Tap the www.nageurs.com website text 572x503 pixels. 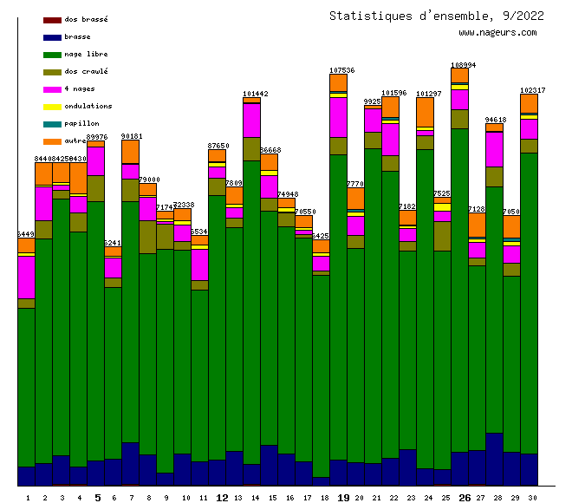(x=497, y=33)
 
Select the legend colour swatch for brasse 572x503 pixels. (x=52, y=37)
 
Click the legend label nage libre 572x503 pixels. (x=86, y=55)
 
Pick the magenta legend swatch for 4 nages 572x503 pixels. (x=52, y=89)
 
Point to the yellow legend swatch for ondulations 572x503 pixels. (x=52, y=107)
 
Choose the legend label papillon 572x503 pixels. (x=81, y=124)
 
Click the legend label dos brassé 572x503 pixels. (x=86, y=19)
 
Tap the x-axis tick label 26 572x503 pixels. (x=465, y=498)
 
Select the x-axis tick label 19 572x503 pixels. (x=343, y=498)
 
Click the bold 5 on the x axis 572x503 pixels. (x=97, y=498)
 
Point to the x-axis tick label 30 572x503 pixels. (x=530, y=498)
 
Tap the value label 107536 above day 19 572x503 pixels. (x=342, y=70)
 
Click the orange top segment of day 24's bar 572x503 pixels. (x=425, y=112)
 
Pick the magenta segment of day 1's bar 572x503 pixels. (x=26, y=277)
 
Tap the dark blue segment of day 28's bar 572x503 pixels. (x=494, y=458)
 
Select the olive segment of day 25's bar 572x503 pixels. (x=442, y=236)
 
